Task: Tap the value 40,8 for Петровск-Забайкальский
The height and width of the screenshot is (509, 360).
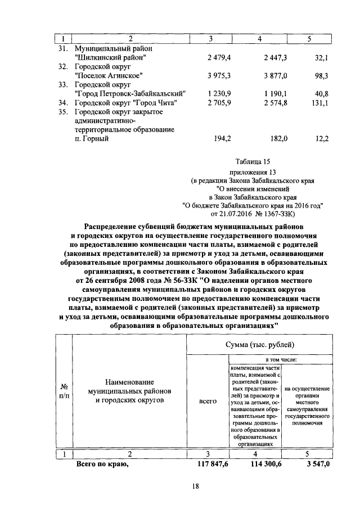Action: (319, 93)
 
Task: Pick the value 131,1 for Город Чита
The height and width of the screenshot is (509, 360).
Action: (318, 103)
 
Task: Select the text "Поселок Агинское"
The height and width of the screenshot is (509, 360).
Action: (109, 75)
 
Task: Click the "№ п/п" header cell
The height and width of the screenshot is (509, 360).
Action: (64, 392)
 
